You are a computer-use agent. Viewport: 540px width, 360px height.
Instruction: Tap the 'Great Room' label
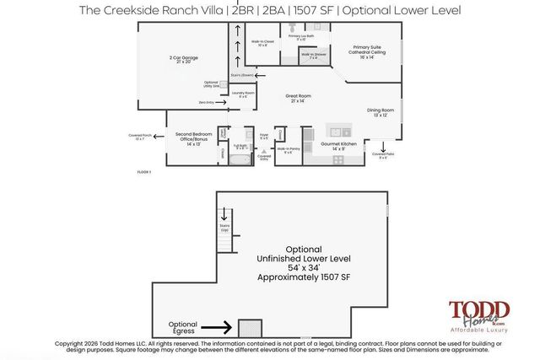[300, 97]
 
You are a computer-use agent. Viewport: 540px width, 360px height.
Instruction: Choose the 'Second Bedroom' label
[193, 134]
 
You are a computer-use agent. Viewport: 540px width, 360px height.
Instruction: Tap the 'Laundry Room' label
[244, 94]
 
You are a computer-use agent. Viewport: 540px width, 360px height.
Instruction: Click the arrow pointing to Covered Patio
[384, 147]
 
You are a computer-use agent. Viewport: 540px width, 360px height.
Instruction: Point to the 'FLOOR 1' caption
[143, 172]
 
